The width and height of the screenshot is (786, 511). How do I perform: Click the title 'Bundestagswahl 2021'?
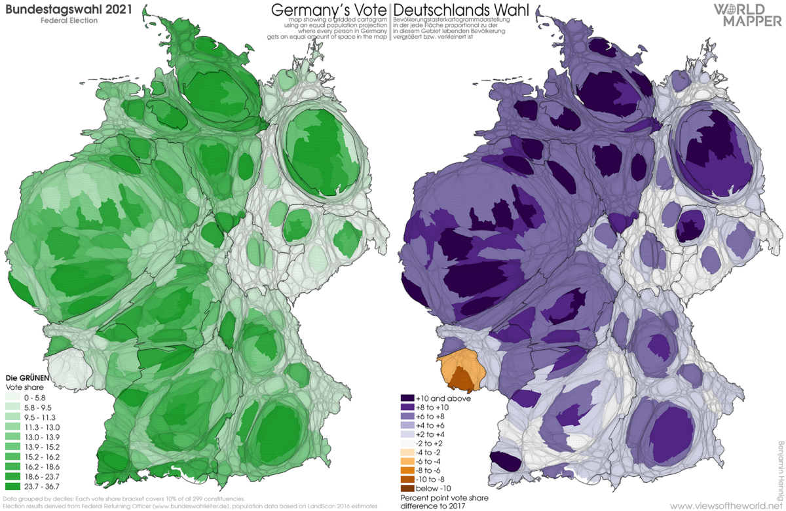70,9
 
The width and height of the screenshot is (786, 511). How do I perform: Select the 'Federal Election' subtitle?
60,21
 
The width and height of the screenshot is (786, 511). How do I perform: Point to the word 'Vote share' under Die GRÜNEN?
23,388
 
